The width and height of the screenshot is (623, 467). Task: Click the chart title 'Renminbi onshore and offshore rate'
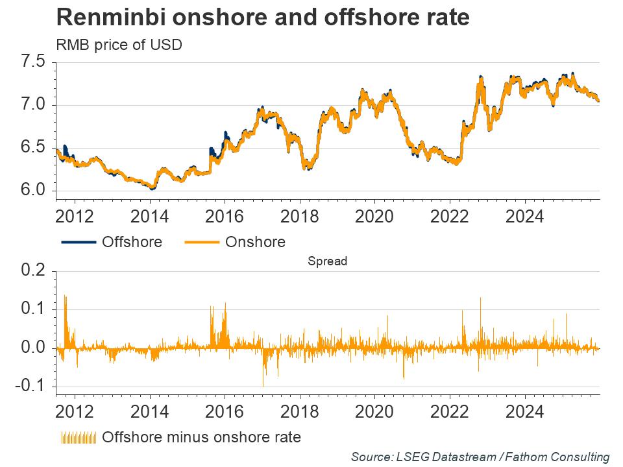coord(263,18)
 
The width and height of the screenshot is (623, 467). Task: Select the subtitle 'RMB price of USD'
coord(119,45)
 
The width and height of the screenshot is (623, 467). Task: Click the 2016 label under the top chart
coord(225,215)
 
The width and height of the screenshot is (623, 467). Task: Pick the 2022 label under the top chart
coord(450,215)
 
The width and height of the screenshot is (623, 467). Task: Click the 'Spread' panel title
coord(328,262)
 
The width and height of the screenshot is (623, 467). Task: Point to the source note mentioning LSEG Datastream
coord(480,457)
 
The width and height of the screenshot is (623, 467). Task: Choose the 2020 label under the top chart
coord(375,215)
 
